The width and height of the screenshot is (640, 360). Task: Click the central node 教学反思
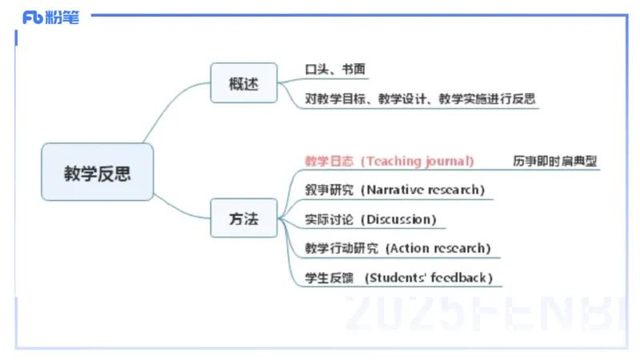pos(97,172)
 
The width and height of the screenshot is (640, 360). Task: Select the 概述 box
pos(243,83)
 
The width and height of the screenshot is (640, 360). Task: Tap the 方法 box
pos(243,218)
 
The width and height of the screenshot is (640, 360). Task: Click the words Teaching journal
pos(418,161)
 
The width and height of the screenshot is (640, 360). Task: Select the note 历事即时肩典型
pos(555,161)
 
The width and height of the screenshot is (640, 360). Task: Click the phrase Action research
pos(439,248)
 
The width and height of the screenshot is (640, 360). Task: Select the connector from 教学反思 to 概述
pos(172,108)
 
